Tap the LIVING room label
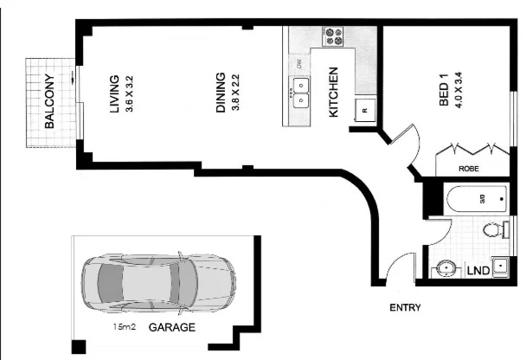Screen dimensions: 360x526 point(113,96)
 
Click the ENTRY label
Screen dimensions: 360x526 point(405,307)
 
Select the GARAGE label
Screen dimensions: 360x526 point(171,328)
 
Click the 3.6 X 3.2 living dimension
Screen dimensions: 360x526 point(128,96)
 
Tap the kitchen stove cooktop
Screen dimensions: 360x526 point(332,36)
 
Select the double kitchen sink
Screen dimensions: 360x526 point(299,93)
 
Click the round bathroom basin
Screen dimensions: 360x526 point(445,267)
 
